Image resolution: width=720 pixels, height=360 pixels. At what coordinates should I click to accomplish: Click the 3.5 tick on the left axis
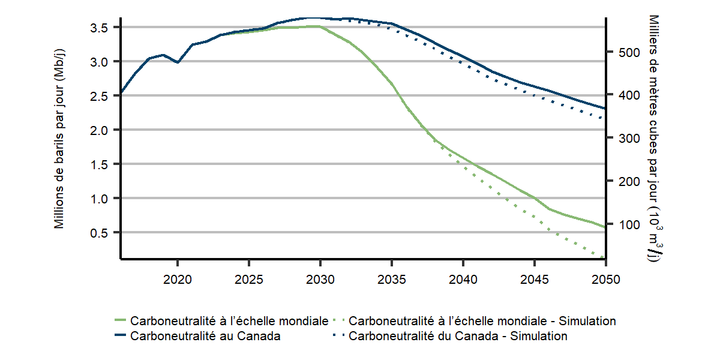pos(100,28)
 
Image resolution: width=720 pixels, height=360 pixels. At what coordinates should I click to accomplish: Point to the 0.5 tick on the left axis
pos(100,232)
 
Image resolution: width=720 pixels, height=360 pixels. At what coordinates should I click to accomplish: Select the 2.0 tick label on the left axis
pos(100,130)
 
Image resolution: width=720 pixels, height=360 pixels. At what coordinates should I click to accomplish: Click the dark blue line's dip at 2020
pos(178,62)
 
